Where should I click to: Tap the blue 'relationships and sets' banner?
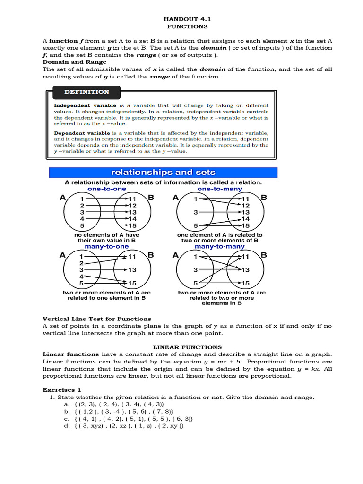163,173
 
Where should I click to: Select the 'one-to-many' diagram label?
219,189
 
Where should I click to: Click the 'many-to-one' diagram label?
107,247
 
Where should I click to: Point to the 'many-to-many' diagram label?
219,247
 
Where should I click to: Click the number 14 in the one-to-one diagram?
132,219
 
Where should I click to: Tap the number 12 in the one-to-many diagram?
245,206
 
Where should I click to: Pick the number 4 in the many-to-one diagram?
82,277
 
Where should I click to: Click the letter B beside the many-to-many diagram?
264,255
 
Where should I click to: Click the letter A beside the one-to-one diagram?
62,198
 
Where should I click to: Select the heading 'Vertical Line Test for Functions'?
97,319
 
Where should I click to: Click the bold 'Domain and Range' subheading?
75,62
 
